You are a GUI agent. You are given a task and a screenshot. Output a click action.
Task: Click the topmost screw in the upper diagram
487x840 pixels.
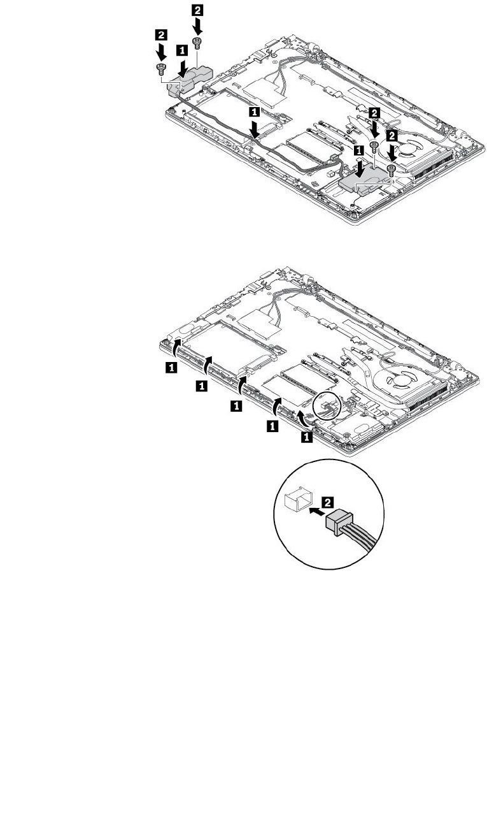[x=198, y=42]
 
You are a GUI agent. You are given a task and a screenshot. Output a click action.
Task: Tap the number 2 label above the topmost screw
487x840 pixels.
[x=198, y=10]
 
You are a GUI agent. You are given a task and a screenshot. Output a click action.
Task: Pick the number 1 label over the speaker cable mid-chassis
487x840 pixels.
[x=255, y=112]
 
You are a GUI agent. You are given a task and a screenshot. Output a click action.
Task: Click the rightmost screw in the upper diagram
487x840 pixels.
[x=392, y=168]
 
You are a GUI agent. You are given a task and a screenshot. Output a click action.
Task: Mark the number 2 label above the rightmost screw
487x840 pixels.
[x=393, y=136]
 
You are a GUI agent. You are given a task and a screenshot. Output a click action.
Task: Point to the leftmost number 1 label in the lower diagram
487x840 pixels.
[x=171, y=367]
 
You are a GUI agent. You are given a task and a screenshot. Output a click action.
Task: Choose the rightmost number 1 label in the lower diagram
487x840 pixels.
[x=307, y=437]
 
